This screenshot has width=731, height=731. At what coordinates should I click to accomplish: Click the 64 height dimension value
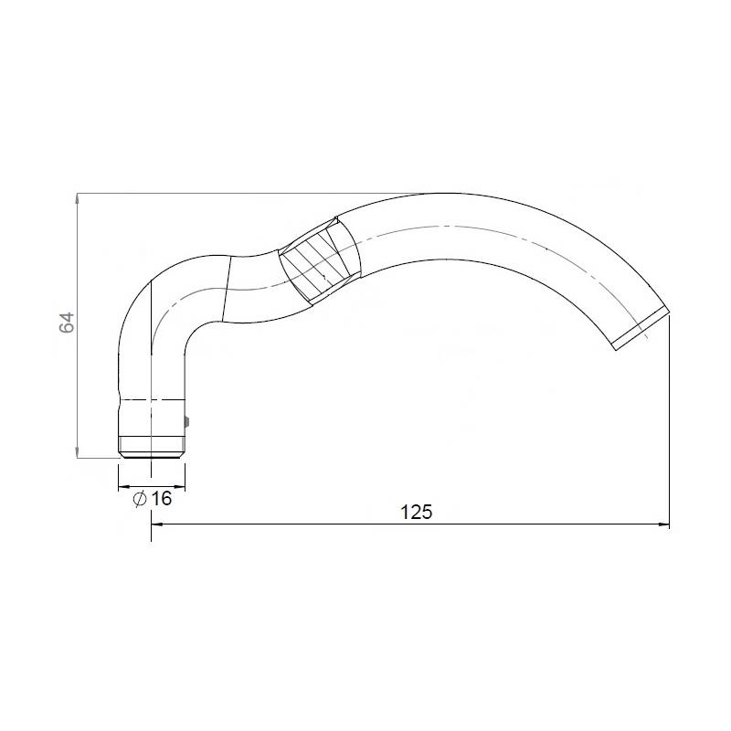click(66, 323)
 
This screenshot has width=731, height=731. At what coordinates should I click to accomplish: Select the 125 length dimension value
click(416, 512)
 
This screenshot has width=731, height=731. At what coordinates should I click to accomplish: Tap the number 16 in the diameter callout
click(162, 498)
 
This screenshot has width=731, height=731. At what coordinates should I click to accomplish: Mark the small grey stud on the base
click(187, 421)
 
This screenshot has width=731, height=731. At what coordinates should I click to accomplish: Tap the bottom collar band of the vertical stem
click(152, 448)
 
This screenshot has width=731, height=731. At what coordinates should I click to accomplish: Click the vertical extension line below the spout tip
click(670, 420)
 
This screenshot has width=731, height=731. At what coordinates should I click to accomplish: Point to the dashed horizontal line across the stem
click(152, 399)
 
